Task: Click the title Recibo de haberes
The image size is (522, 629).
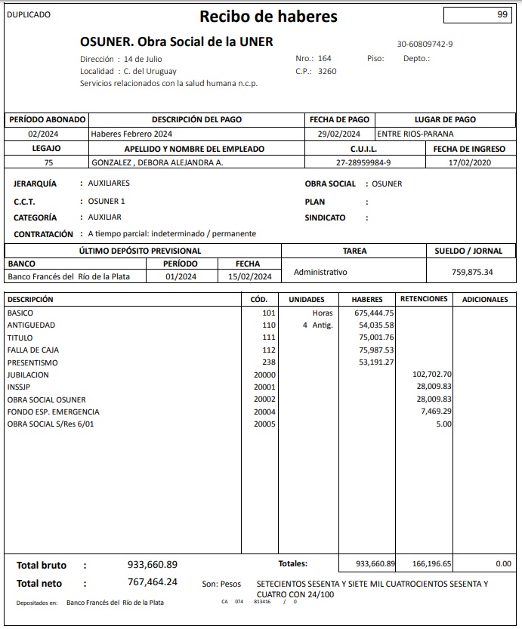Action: coord(268,17)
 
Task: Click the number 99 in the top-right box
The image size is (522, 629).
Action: coord(502,14)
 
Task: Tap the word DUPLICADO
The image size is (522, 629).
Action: coord(29,14)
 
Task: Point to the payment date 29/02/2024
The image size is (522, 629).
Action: coord(339,134)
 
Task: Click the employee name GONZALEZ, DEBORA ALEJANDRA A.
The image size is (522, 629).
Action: coord(157,162)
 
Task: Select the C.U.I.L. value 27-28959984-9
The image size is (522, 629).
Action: coord(363,162)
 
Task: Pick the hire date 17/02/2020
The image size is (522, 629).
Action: coord(469,162)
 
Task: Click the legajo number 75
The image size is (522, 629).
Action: coord(48,162)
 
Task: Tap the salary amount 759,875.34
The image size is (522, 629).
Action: coord(472,272)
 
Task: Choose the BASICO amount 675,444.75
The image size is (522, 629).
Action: coord(374,313)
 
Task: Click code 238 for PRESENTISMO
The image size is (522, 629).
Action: coord(269,362)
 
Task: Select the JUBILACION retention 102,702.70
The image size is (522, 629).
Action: coord(432,375)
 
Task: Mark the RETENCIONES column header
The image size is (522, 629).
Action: coord(424,299)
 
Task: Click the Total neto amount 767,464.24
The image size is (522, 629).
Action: coord(153,582)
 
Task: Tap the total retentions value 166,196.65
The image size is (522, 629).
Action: coord(432,564)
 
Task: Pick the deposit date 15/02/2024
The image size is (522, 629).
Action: coord(249,276)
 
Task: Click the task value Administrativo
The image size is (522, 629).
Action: coord(320,272)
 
